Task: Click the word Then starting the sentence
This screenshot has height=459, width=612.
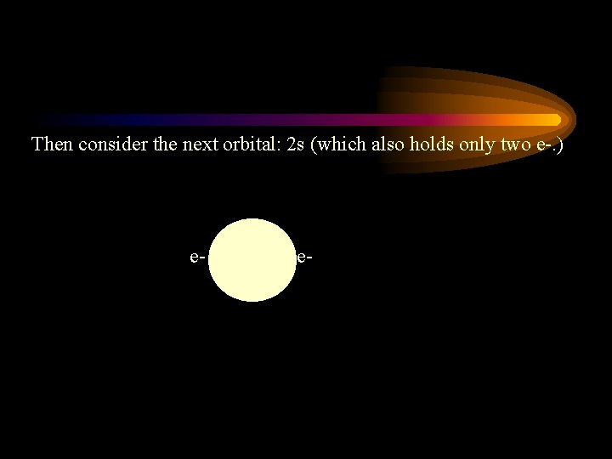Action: (53, 144)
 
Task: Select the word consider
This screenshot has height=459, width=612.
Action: (109, 144)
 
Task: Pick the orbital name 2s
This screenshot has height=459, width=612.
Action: (296, 144)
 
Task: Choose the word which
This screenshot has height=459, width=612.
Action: (340, 144)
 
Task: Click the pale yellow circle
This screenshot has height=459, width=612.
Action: (251, 259)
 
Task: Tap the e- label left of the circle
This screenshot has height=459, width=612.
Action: (197, 256)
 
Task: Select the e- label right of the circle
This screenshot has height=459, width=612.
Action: (303, 256)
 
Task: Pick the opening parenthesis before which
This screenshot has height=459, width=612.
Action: (315, 144)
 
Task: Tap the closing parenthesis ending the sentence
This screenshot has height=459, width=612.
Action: (560, 144)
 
